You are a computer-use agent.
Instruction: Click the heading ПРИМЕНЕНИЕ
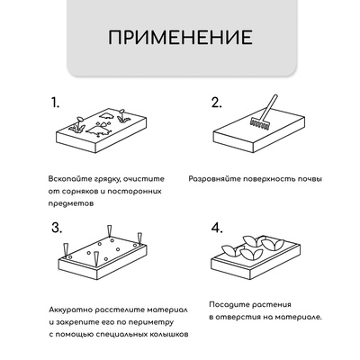180,39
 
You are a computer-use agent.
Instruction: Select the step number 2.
216,102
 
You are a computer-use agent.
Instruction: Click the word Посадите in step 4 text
228,303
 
